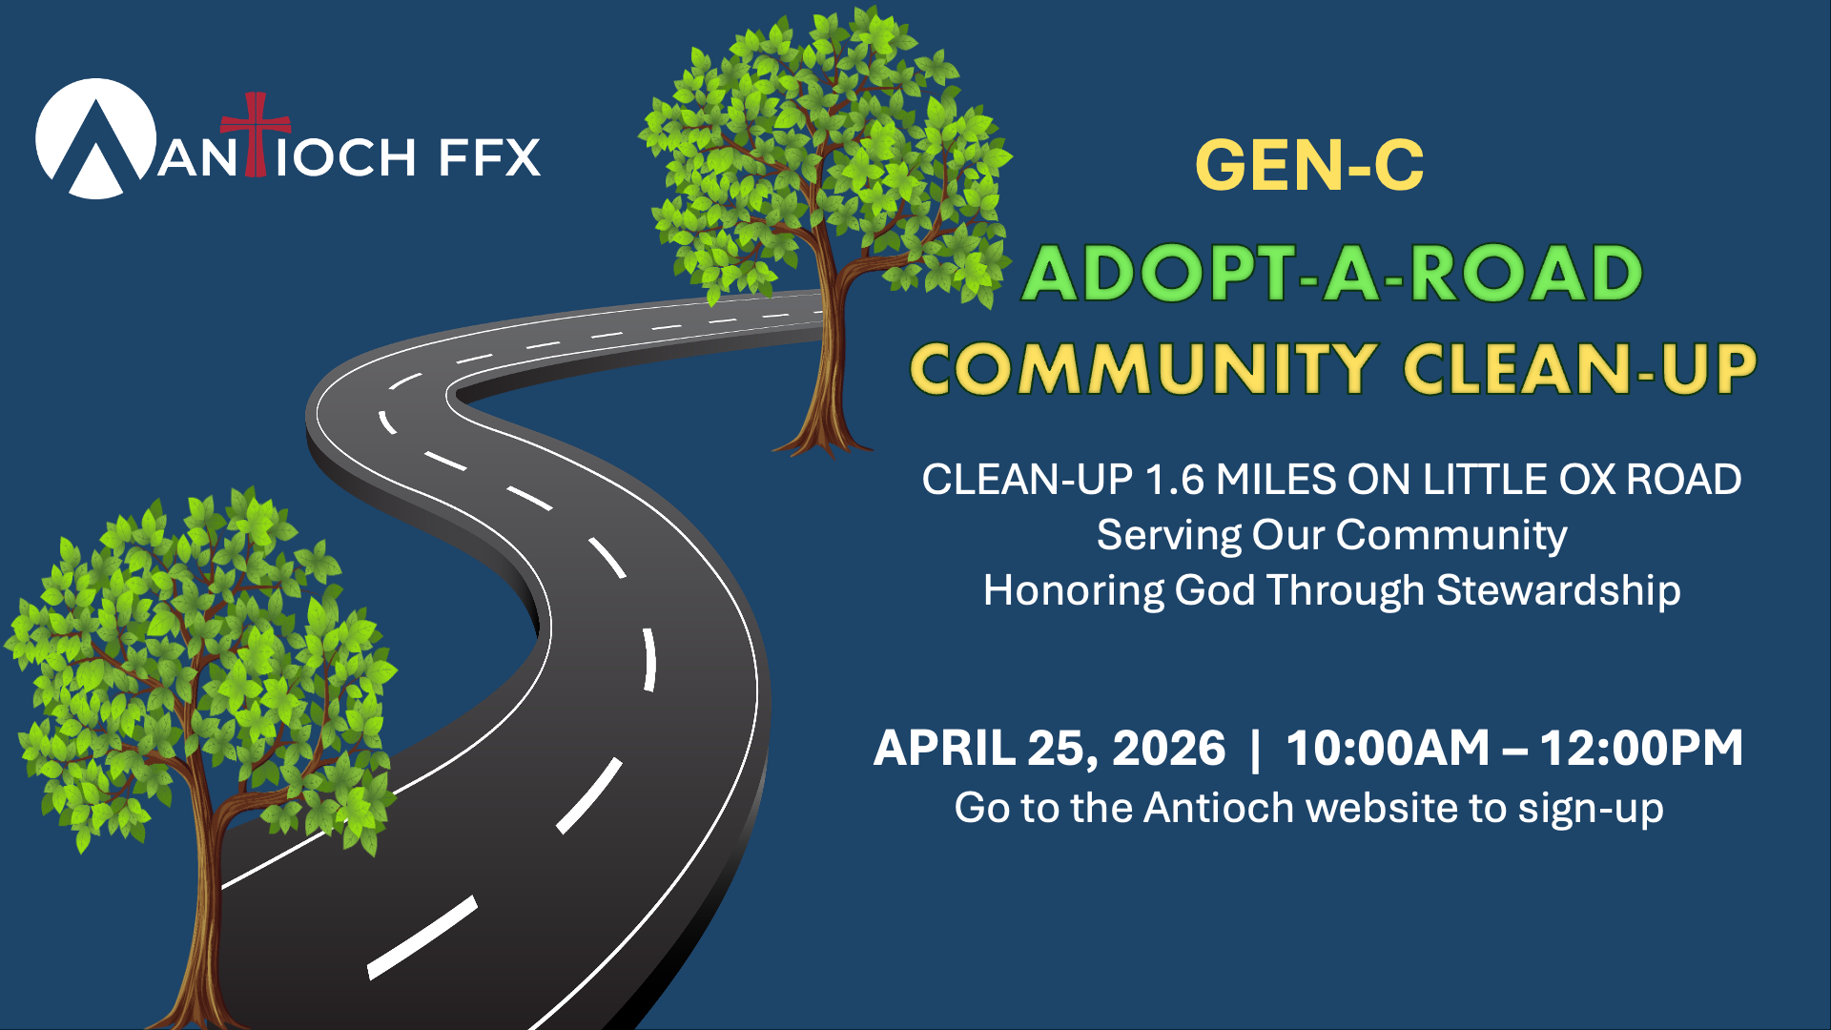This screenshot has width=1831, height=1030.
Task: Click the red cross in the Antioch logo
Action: (x=255, y=134)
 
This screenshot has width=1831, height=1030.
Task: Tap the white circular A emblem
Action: (x=96, y=139)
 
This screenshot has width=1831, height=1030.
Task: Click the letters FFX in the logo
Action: (x=490, y=157)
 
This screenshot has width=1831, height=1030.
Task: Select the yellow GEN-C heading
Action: (x=1309, y=165)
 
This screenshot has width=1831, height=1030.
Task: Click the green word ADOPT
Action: (x=1159, y=274)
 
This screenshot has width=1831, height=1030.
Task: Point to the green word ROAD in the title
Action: (x=1526, y=274)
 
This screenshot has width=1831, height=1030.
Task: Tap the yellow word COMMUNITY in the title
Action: (x=1143, y=369)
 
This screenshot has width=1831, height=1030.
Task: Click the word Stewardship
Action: (x=1558, y=591)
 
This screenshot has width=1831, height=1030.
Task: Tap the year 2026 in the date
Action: (x=1168, y=748)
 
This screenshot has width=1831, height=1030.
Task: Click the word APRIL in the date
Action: (x=944, y=748)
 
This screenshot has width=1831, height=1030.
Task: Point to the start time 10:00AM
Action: (x=1388, y=748)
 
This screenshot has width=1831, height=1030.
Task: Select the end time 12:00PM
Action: (x=1641, y=748)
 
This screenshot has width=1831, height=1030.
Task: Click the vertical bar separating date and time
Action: (x=1255, y=749)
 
